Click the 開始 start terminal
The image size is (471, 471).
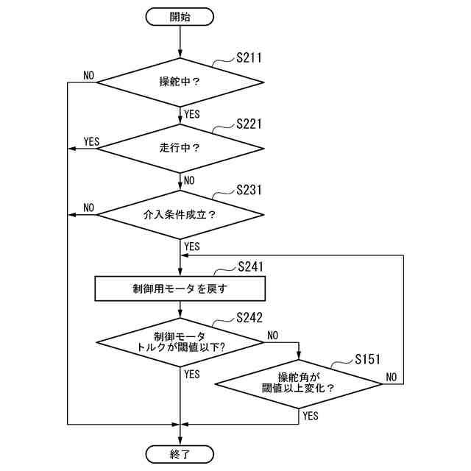coord(180,15)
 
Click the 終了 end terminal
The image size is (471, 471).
coord(180,454)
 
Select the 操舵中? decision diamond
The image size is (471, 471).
coord(180,81)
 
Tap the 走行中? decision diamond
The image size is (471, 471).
coord(180,148)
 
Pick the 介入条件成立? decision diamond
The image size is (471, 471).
coord(180,215)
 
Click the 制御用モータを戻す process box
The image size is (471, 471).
coord(180,288)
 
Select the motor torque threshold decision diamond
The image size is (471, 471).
coord(180,342)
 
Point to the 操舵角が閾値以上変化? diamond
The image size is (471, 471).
coord(298,383)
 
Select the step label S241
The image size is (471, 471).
coord(251,266)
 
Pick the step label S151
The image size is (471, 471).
coord(367,359)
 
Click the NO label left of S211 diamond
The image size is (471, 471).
coord(89,76)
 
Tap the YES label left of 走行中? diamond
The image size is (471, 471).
coord(91,141)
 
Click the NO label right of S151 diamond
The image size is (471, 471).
coord(392,377)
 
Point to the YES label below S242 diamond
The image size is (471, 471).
coord(192,375)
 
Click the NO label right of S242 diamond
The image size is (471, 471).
coord(273,336)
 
